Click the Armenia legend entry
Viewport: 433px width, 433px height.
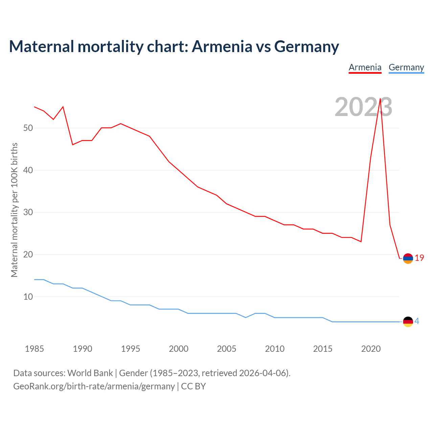[x=365, y=67]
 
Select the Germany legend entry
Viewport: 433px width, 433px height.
[x=406, y=67]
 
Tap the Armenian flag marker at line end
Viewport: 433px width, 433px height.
[x=408, y=258]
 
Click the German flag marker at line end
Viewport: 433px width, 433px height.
[x=408, y=322]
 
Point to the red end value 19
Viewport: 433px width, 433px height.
[x=419, y=258]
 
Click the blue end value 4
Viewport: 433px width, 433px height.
[x=417, y=321]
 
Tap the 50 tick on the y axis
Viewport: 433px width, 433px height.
[x=28, y=128]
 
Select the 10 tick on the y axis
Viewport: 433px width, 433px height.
[x=28, y=297]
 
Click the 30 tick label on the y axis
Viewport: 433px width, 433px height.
[x=28, y=212]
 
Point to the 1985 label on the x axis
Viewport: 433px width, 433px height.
[x=35, y=349]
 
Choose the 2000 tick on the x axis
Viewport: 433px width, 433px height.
[x=179, y=349]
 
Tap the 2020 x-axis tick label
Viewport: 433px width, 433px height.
[x=371, y=349]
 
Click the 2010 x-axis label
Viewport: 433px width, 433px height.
[x=275, y=349]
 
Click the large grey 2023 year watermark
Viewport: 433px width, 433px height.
[x=363, y=107]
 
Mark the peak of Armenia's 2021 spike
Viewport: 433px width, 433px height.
[x=380, y=99]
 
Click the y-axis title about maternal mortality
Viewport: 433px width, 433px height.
[x=14, y=210]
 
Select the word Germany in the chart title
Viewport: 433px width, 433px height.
[x=306, y=46]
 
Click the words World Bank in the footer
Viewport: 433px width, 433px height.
[x=90, y=373]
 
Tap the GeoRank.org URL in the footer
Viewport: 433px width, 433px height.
[x=94, y=386]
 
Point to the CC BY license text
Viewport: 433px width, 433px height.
[x=193, y=386]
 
